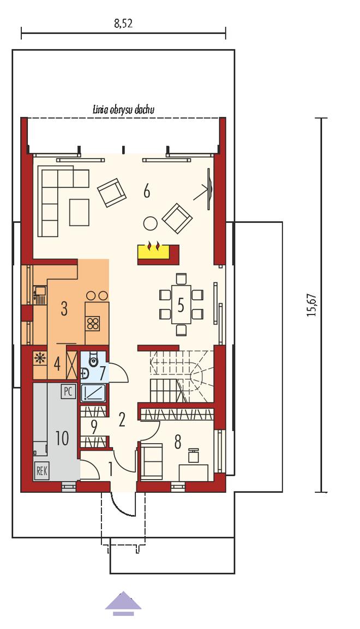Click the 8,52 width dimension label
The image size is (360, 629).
[x=123, y=23]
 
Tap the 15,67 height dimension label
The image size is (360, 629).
[x=312, y=306]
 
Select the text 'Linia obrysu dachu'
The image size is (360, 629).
[x=123, y=109]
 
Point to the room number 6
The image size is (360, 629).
[x=147, y=192]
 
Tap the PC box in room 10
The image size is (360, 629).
[x=68, y=391]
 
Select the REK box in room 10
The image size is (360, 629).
[x=42, y=471]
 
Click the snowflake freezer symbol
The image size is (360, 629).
[x=40, y=358]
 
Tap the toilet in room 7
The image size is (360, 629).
[x=93, y=360]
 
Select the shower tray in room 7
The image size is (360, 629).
[x=93, y=393]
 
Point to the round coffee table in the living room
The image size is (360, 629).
[x=151, y=223]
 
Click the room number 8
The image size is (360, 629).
[x=177, y=442]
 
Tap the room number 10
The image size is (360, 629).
[x=62, y=438]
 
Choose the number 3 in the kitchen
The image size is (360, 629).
[x=64, y=309]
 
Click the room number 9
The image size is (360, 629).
[x=94, y=428]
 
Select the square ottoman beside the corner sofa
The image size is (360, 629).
[x=79, y=212]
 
